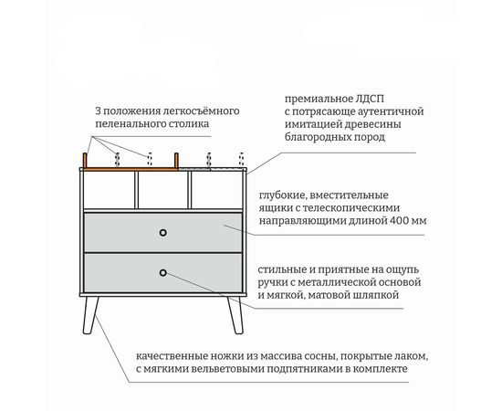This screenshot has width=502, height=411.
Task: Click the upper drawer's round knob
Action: pyautogui.click(x=163, y=233)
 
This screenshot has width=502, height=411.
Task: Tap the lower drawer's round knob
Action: pyautogui.click(x=163, y=273)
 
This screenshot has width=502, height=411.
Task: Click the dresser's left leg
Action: pyautogui.click(x=90, y=315)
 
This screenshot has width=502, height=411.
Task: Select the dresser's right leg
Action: pyautogui.click(x=235, y=315)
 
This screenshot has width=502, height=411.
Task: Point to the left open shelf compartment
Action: pyautogui.click(x=110, y=190)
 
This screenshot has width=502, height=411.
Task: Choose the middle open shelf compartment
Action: pyautogui.click(x=163, y=190)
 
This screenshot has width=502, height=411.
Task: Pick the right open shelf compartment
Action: pyautogui.click(x=216, y=190)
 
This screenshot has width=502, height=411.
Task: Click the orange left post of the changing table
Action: pyautogui.click(x=85, y=161)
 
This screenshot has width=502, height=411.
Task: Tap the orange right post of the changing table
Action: pyautogui.click(x=176, y=161)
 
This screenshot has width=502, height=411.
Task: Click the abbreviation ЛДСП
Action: pyautogui.click(x=370, y=99)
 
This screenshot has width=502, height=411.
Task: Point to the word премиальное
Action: pyautogui.click(x=319, y=100)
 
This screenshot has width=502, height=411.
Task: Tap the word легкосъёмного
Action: pyautogui.click(x=201, y=111)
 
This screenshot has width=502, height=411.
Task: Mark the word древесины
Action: pyautogui.click(x=372, y=124)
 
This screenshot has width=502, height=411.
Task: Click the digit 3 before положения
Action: pyautogui.click(x=98, y=111)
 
